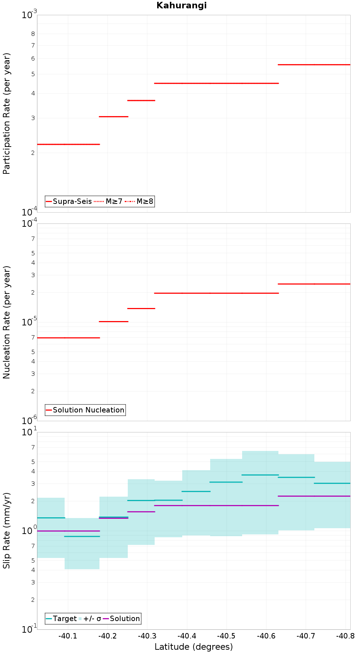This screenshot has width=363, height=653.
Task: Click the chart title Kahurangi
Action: coord(181,5)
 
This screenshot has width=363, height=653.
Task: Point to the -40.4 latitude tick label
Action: coord(186,636)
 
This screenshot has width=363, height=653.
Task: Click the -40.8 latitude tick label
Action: coord(345,636)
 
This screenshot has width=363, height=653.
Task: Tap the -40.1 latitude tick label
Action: coord(68,636)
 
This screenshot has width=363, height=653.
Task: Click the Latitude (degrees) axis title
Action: coord(193,647)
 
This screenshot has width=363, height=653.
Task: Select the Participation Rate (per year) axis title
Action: coord(7,114)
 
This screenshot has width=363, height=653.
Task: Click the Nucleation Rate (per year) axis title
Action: coord(7,322)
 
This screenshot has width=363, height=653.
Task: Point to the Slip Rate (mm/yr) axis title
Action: coord(7,530)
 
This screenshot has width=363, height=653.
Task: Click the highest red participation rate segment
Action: coord(314,65)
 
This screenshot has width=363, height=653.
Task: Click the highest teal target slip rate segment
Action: coord(260,475)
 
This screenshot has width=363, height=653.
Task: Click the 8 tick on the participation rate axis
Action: coord(33,34)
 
